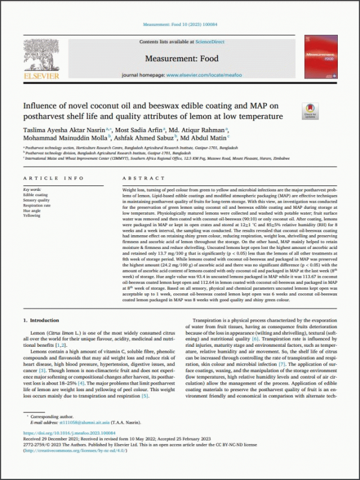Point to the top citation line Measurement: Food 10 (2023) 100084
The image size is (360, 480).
[x=179, y=26]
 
